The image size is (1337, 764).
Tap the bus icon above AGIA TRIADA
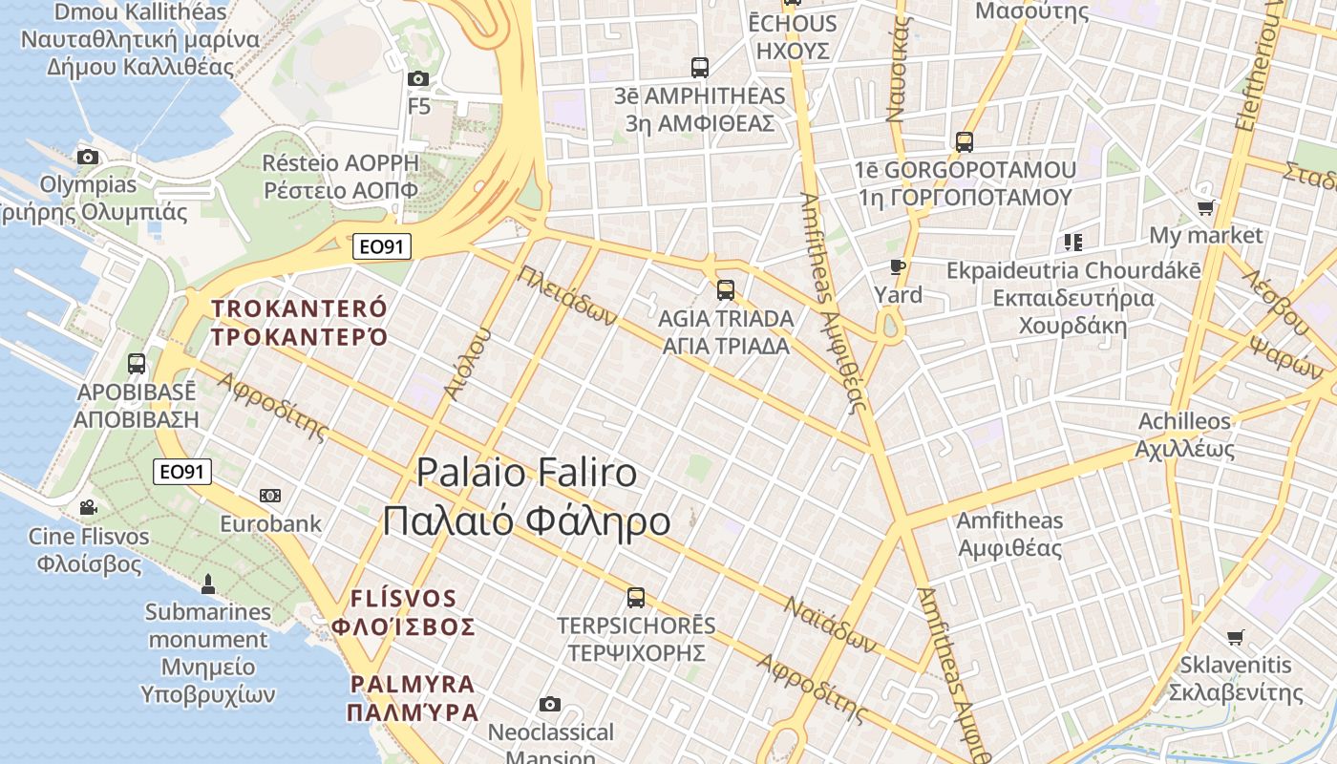click(x=726, y=289)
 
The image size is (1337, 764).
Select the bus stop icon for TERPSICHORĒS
click(x=636, y=598)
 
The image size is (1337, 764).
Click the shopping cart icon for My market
click(x=1206, y=207)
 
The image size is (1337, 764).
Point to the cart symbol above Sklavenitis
click(x=1236, y=637)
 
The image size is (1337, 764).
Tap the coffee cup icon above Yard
click(x=897, y=266)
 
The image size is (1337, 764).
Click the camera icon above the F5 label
click(x=418, y=79)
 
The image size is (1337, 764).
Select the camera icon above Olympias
click(x=88, y=157)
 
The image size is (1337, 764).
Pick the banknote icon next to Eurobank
click(x=270, y=496)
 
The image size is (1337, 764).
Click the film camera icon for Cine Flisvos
click(x=88, y=507)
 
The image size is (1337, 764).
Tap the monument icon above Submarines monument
click(x=208, y=583)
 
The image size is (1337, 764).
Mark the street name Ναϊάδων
click(x=830, y=625)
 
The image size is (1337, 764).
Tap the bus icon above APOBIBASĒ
click(x=137, y=363)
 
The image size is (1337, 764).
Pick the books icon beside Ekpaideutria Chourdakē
click(x=1073, y=243)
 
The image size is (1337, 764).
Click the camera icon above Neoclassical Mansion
click(x=550, y=705)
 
